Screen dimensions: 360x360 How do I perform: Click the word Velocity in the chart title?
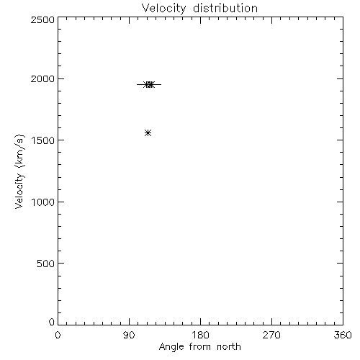pos(163,9)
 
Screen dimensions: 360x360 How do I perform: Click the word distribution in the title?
pos(225,8)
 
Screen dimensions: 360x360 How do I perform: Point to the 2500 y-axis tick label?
pos(42,19)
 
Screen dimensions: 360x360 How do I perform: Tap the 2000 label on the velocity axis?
pos(42,78)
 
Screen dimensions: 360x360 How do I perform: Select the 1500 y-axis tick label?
pos(43,140)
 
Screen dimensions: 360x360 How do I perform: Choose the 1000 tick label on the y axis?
pos(43,202)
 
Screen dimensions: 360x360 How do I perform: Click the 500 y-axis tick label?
pos(46,264)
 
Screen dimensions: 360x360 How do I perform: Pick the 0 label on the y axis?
pos(52,322)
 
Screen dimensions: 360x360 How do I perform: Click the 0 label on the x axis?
pos(58,335)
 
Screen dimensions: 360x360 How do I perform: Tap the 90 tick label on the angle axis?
pos(129,335)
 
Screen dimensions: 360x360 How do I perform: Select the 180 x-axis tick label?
pos(200,335)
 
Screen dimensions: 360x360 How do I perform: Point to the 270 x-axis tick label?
pos(271,335)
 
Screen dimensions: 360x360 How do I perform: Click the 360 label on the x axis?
pos(343,335)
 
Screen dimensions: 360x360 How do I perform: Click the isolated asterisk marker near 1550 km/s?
pos(148,132)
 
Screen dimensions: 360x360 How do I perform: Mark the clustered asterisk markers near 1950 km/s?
pos(149,84)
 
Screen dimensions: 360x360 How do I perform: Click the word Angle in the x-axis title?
pos(171,347)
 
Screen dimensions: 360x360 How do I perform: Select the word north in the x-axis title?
pos(229,347)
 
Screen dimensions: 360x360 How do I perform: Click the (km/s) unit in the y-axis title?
pos(19,151)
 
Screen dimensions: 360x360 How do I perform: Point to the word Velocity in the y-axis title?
pos(19,191)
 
